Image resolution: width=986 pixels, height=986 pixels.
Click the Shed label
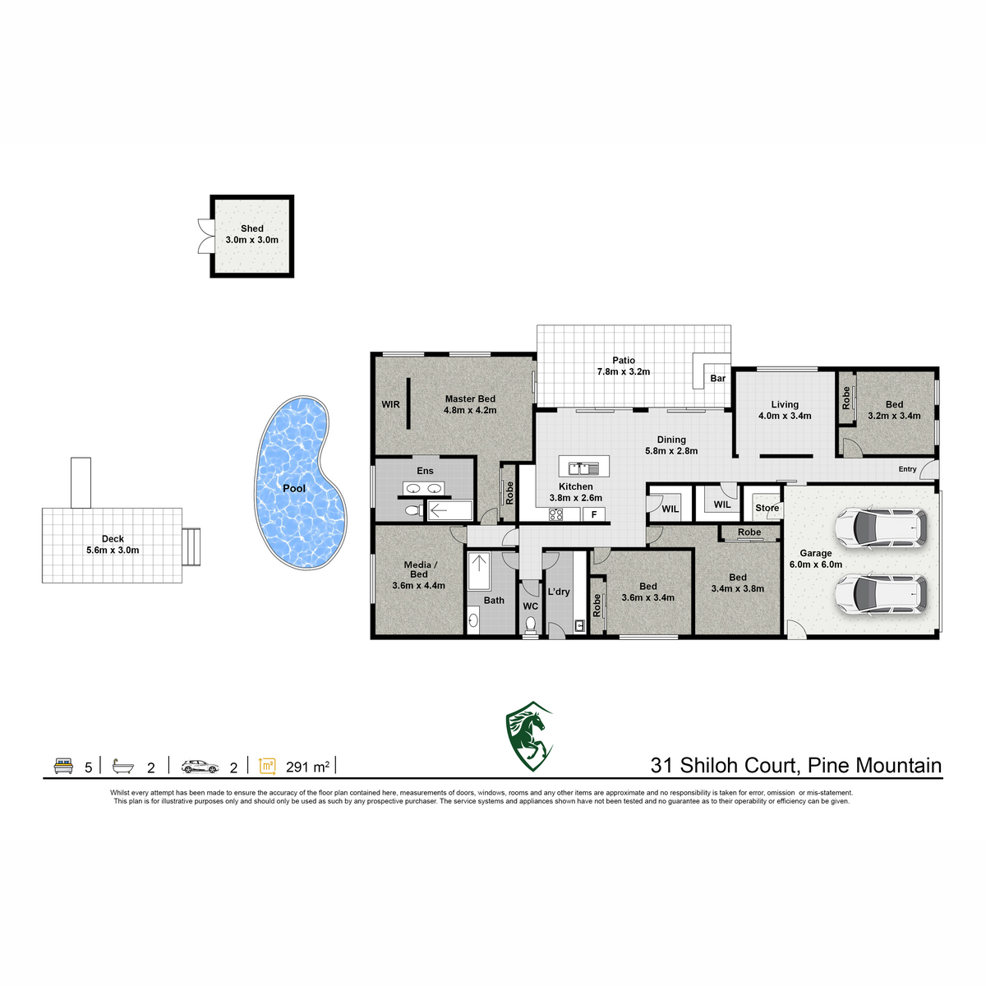(x=251, y=228)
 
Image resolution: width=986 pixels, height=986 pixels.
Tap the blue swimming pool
(x=299, y=481)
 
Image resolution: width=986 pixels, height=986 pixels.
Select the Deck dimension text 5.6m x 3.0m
(x=113, y=550)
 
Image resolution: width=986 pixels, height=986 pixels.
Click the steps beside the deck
(x=191, y=546)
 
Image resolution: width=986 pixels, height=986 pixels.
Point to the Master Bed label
(x=470, y=399)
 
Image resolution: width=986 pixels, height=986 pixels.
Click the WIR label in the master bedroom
(x=390, y=404)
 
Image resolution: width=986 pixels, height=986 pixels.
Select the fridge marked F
(x=593, y=514)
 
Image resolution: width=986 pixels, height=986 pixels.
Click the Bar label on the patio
(x=717, y=378)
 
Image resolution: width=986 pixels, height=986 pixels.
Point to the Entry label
(x=907, y=468)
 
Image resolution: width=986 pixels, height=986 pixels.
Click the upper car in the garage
(x=881, y=528)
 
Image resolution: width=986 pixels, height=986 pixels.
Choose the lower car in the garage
(x=881, y=595)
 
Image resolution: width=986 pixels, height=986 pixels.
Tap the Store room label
(x=767, y=508)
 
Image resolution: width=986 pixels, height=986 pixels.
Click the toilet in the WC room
(x=531, y=624)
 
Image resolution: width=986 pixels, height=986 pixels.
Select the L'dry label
(x=558, y=592)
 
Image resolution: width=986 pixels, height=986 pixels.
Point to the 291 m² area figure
(x=307, y=767)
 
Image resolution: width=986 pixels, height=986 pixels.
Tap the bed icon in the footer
(x=63, y=766)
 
